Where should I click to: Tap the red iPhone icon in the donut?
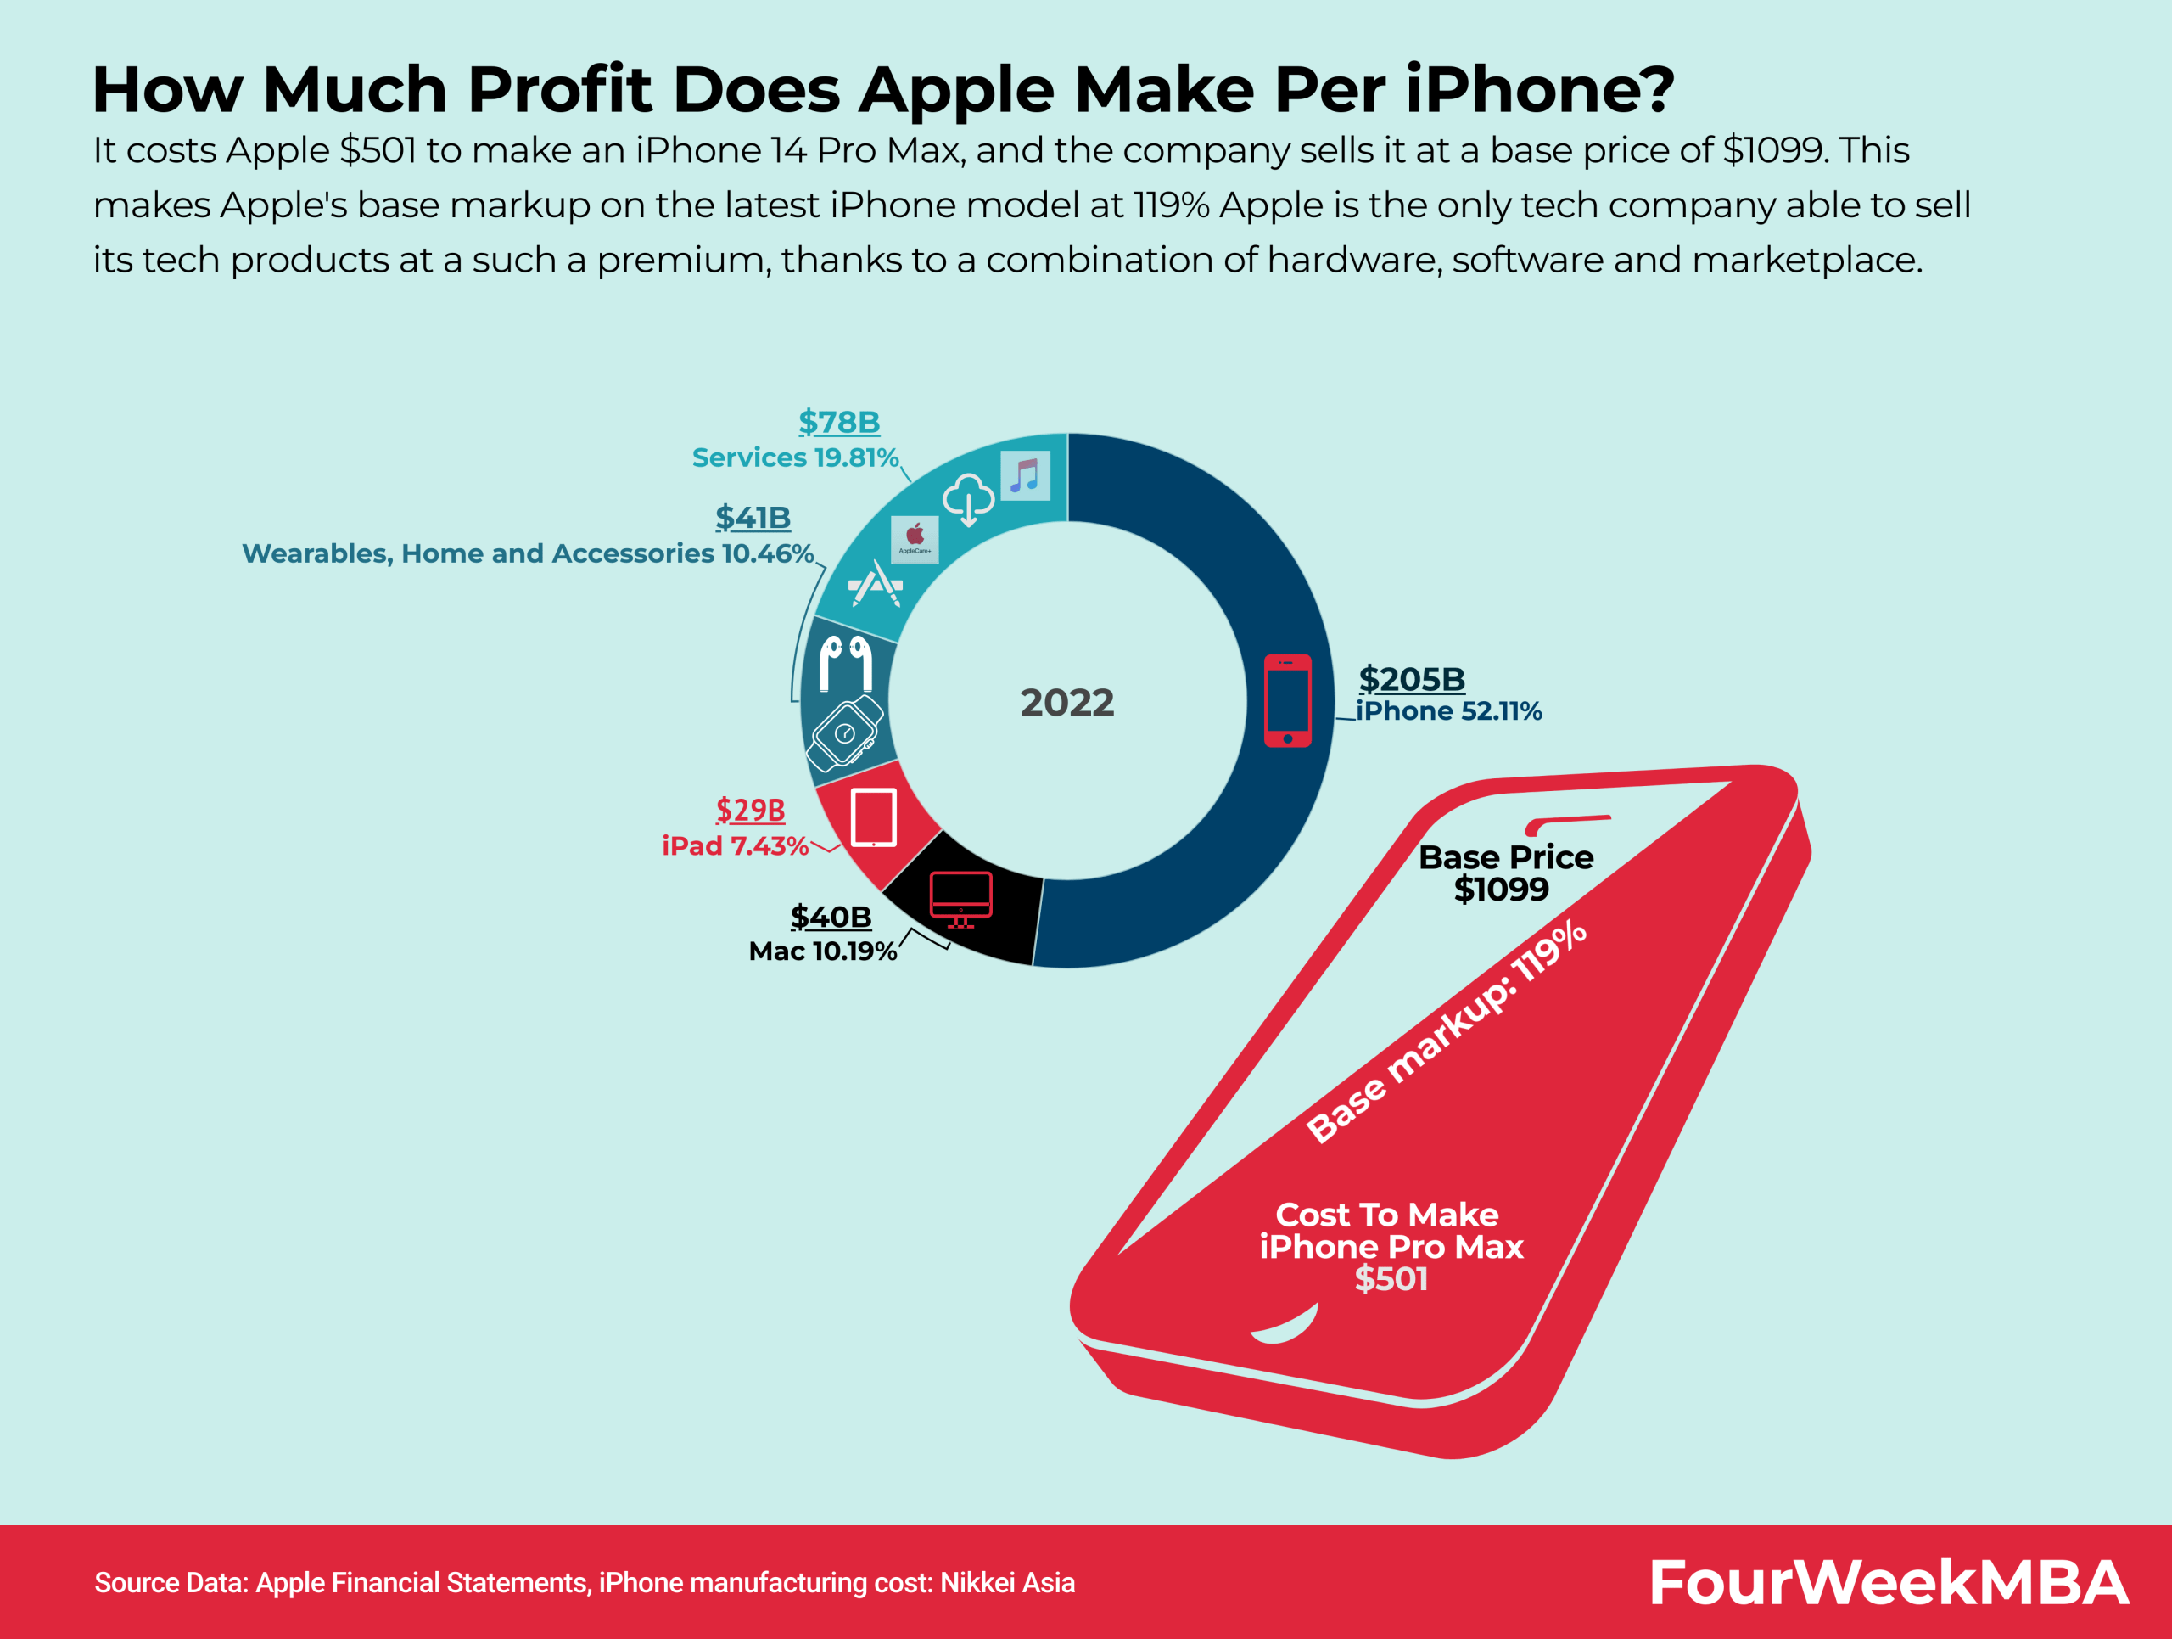[1286, 700]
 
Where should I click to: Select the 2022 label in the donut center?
[1066, 703]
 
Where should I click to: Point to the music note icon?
[1024, 476]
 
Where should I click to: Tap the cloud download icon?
[968, 500]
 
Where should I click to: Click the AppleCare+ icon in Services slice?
[914, 539]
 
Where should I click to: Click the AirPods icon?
[845, 663]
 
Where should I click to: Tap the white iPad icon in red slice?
[873, 817]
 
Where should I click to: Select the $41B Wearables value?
[753, 518]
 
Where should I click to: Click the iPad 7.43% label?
[735, 846]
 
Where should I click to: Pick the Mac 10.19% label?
[822, 951]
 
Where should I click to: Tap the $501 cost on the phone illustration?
[1391, 1278]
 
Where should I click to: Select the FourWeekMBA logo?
[1887, 1582]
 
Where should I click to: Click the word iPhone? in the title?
[1539, 90]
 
